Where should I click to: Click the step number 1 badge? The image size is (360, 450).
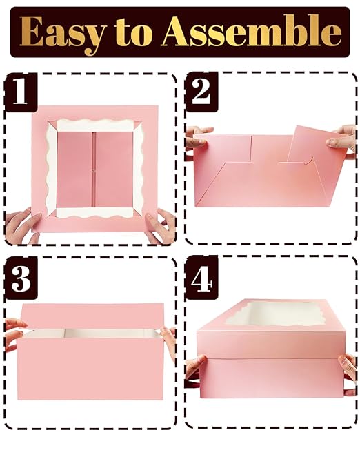coord(21,92)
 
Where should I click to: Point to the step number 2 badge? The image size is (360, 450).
coord(201,92)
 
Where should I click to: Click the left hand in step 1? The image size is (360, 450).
coord(21,227)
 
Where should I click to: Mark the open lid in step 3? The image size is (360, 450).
coord(92,316)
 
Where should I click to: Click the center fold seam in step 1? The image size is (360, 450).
coord(94,170)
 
